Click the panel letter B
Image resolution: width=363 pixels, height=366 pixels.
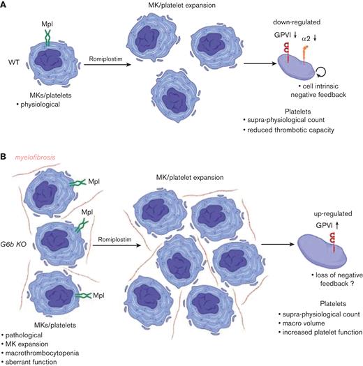[5, 159]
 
